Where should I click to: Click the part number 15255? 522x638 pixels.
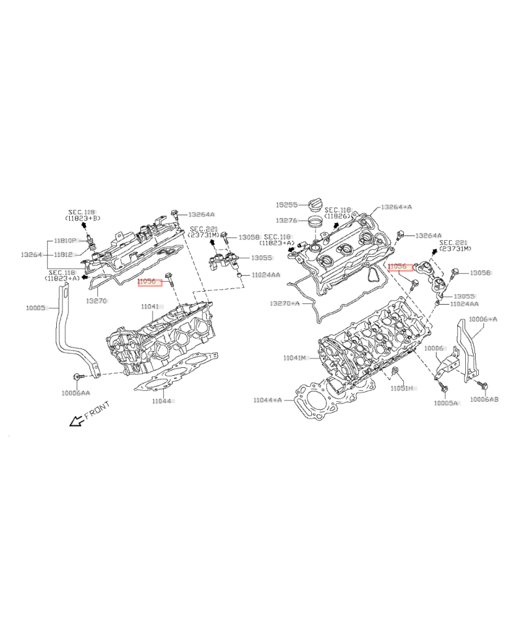(x=286, y=204)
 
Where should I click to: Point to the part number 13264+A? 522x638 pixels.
(x=397, y=206)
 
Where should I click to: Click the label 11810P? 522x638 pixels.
(x=65, y=241)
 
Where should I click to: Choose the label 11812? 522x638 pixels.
(x=63, y=254)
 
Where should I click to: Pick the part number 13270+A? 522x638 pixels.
(x=285, y=303)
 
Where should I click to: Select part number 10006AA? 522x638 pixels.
(x=76, y=393)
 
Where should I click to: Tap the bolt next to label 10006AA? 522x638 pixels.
(x=78, y=376)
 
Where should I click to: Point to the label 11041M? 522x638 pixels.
(x=295, y=358)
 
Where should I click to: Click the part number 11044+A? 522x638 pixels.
(x=268, y=399)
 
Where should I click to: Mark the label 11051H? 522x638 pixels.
(x=403, y=388)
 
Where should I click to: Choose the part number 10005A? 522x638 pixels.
(x=446, y=403)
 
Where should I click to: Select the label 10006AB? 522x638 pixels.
(x=484, y=399)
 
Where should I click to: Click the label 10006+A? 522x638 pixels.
(x=484, y=319)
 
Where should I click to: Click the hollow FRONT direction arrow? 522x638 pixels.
(x=77, y=421)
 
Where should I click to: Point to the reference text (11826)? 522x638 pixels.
(x=338, y=215)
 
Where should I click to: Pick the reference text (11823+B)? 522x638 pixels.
(x=82, y=219)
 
